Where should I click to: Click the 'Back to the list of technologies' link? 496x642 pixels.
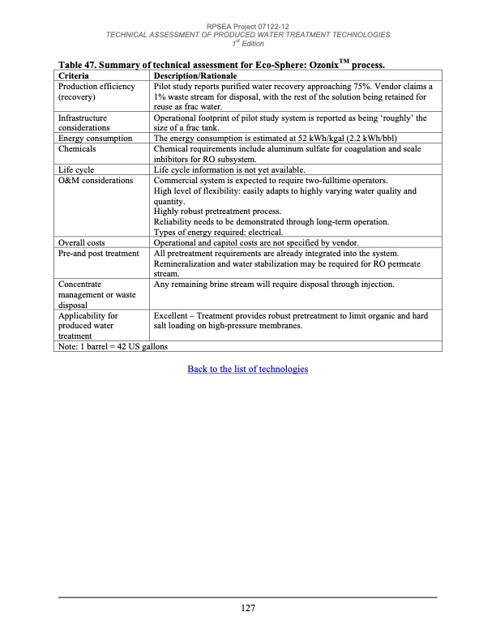247,369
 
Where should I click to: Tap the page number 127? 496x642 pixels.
247,609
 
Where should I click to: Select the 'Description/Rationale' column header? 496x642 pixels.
195,75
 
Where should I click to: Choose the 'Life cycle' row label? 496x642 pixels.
77,169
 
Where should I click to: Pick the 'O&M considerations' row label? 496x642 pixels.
96,180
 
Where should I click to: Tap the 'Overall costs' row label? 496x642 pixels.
82,242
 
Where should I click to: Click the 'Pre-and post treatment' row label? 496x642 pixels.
99,253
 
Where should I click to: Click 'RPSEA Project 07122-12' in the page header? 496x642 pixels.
247,26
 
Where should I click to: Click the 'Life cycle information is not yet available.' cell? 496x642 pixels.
231,169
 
